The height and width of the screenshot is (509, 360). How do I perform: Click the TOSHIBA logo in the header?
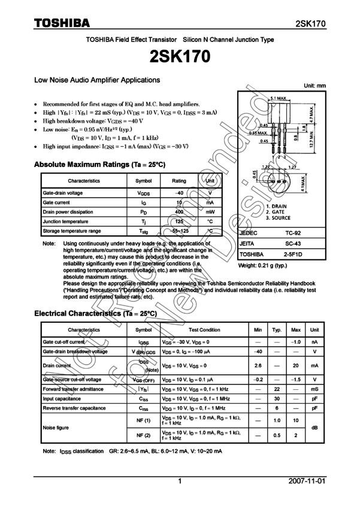[62, 23]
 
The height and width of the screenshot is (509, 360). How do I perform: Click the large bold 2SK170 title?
[180, 57]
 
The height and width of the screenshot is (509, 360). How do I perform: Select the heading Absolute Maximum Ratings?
[99, 164]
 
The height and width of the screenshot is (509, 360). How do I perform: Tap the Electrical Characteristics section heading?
[95, 313]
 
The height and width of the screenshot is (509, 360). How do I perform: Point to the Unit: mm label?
[315, 86]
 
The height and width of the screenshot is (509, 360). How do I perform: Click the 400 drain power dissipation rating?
[179, 212]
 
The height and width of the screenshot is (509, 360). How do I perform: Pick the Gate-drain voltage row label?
[63, 193]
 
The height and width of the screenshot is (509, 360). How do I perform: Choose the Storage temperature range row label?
[72, 231]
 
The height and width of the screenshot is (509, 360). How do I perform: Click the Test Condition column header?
[204, 330]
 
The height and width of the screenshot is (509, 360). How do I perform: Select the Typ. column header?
[277, 330]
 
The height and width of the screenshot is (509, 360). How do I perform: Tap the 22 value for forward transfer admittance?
[277, 389]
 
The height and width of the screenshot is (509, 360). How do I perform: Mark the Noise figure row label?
[55, 428]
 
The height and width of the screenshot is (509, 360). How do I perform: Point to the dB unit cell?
[314, 428]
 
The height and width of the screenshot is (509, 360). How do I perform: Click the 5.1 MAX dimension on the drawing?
[279, 97]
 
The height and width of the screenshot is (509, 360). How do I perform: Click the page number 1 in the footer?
[180, 481]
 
